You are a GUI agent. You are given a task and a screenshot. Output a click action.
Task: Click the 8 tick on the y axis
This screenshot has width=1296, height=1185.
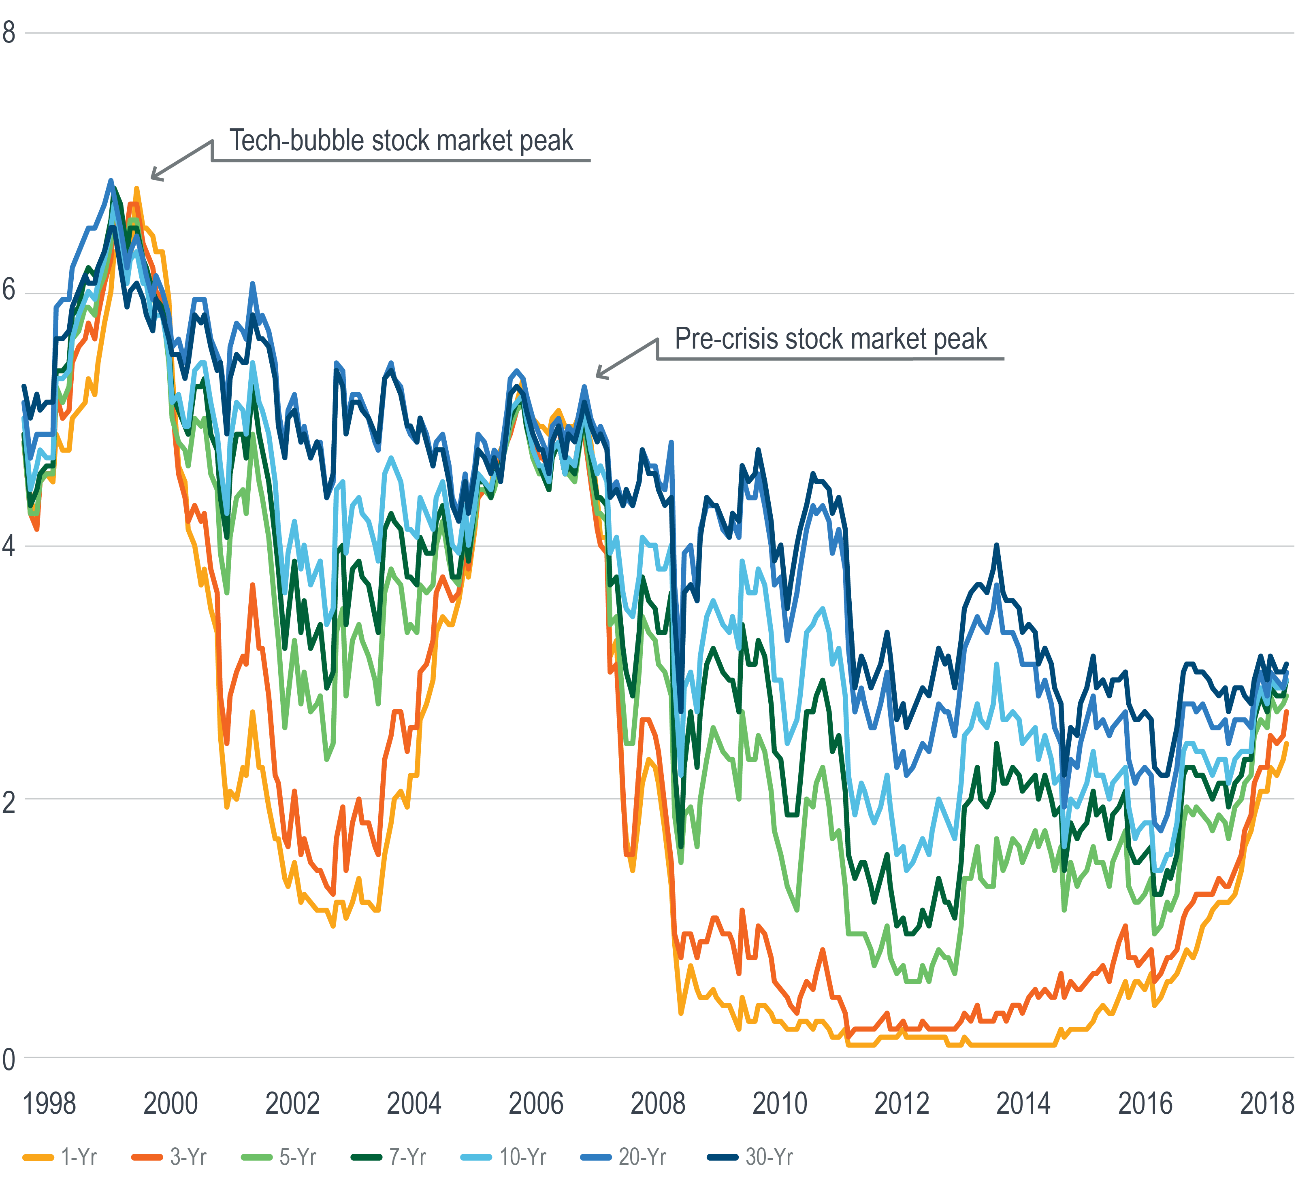tap(9, 32)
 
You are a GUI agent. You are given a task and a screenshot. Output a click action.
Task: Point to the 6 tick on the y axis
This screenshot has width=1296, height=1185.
tap(9, 290)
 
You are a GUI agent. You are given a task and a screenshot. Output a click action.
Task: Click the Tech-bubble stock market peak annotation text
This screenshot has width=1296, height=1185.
tap(401, 141)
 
